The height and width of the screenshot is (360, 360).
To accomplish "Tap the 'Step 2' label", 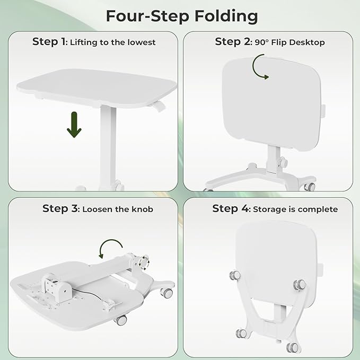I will pyautogui.click(x=232, y=41).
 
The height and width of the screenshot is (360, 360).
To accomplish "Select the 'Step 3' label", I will pyautogui.click(x=60, y=209).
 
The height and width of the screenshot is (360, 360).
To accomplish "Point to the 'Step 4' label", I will pyautogui.click(x=231, y=209).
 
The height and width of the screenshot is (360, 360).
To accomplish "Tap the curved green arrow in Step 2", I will pyautogui.click(x=259, y=68).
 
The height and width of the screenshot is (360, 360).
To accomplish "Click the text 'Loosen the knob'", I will pyautogui.click(x=118, y=209).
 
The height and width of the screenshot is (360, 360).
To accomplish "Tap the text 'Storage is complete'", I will pyautogui.click(x=296, y=209).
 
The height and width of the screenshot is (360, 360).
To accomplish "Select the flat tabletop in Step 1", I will pyautogui.click(x=95, y=84).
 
